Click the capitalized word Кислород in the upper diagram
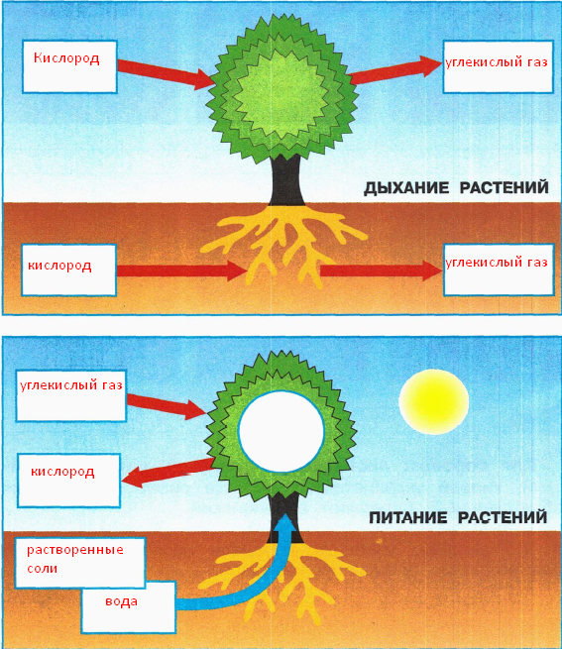[66, 57]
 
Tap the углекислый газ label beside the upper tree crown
[497, 62]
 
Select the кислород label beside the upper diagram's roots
[59, 266]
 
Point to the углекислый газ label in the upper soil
[497, 263]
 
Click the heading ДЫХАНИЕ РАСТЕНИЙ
[456, 188]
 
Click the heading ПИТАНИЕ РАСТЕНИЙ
[458, 517]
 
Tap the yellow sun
[433, 401]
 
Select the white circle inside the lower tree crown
[281, 432]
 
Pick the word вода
[121, 601]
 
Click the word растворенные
[75, 550]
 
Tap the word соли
[43, 569]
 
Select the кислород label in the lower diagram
[62, 472]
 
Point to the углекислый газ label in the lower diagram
[71, 385]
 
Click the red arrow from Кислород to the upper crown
[166, 73]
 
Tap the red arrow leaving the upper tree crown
[395, 69]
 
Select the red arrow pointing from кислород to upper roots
[182, 270]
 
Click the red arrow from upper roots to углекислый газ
[381, 270]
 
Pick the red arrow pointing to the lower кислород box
[168, 473]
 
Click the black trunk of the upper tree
[286, 181]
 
